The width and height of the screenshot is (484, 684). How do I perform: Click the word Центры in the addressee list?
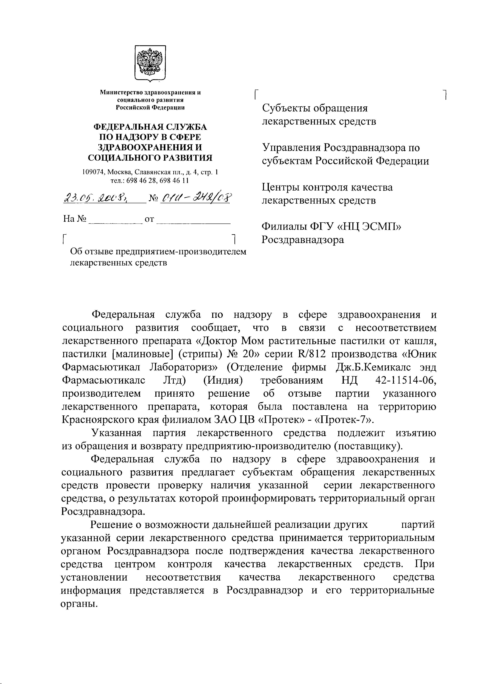tap(280, 187)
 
